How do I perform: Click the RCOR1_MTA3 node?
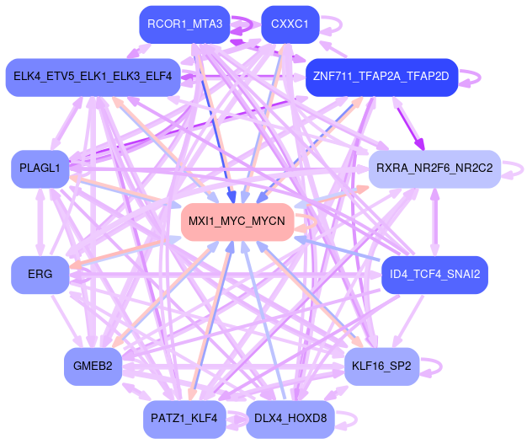point(184,24)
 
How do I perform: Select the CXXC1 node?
point(290,24)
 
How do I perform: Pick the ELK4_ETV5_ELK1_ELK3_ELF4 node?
point(93,77)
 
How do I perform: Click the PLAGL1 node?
point(40,169)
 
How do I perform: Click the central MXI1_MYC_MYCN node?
point(237,222)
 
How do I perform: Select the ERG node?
point(40,275)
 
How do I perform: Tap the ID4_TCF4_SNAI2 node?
point(434,275)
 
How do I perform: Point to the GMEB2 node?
point(93,366)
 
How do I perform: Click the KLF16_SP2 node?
point(381,366)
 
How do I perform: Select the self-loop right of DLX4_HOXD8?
point(348,419)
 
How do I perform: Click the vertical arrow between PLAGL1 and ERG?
point(40,222)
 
